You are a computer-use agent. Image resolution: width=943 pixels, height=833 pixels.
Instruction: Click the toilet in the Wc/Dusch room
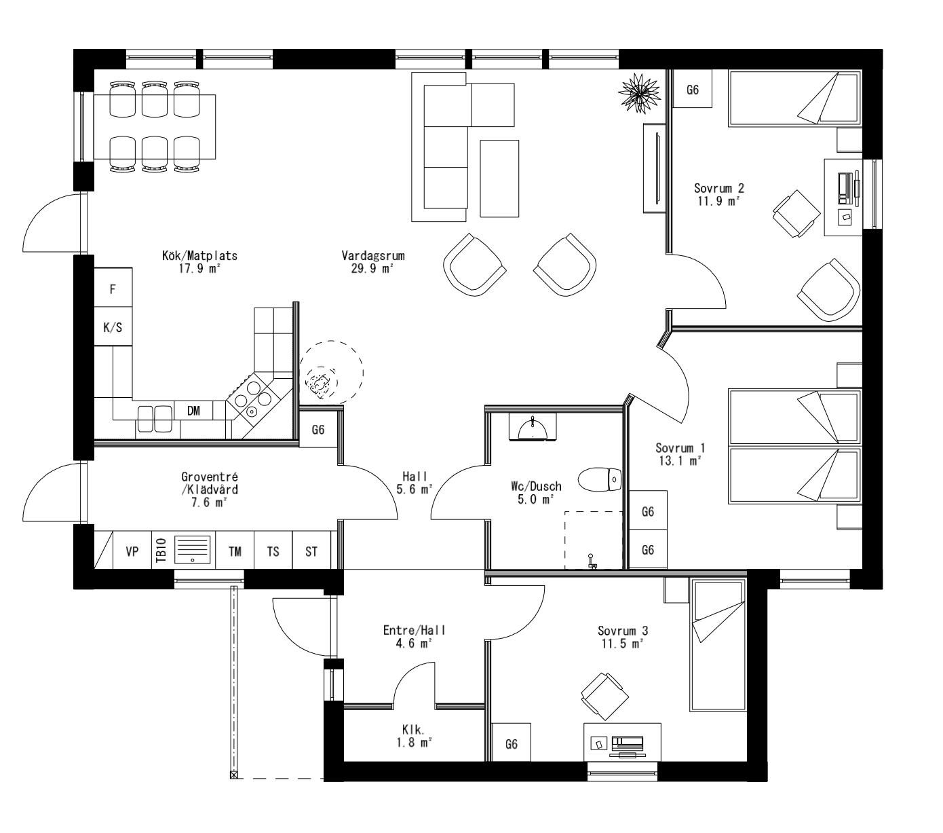(x=600, y=479)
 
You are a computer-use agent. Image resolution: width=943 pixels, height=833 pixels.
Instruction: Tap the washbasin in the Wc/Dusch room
(x=533, y=428)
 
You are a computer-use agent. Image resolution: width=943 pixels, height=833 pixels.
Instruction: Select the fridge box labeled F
(x=113, y=289)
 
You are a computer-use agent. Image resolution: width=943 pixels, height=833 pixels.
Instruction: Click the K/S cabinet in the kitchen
(x=113, y=328)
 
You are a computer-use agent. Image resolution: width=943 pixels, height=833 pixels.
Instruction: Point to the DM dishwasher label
(x=193, y=410)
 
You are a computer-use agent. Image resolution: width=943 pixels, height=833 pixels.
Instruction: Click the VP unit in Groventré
(x=132, y=551)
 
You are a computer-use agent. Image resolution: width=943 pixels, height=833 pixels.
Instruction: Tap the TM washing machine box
(x=235, y=551)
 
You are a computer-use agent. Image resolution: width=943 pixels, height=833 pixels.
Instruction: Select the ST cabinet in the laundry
(x=311, y=551)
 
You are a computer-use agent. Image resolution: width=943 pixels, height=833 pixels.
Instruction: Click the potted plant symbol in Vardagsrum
(x=638, y=92)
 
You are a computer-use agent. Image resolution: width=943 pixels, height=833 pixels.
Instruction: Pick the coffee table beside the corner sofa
(x=499, y=179)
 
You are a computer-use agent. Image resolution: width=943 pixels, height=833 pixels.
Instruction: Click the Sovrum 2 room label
(x=719, y=188)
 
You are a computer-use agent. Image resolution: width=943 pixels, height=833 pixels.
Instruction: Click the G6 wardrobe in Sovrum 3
(x=512, y=744)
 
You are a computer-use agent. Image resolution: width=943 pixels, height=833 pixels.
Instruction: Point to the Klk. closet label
(x=413, y=730)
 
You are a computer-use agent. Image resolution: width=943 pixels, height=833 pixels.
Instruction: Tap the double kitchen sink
(x=155, y=418)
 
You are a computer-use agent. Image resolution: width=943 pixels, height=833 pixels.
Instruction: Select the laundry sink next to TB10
(x=193, y=550)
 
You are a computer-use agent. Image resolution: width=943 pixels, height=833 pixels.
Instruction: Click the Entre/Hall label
(x=415, y=630)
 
